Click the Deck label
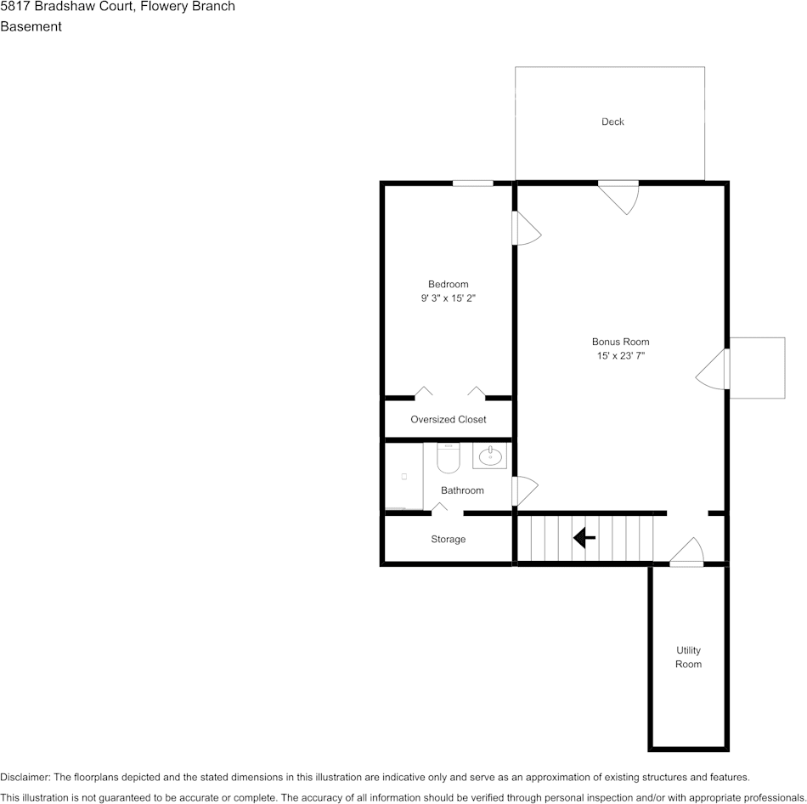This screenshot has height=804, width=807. (612, 122)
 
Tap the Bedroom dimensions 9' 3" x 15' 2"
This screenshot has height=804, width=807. (448, 297)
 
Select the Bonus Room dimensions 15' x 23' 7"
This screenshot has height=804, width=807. (620, 355)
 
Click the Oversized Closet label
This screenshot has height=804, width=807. (448, 419)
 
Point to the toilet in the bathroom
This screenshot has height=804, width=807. (448, 458)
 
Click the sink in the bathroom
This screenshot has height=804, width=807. (489, 456)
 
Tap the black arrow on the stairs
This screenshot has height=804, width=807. (584, 538)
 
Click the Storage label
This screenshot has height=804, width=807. (448, 539)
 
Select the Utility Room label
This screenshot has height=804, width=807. (688, 657)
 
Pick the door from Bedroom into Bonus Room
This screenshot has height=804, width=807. (526, 228)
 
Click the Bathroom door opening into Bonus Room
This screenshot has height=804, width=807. (524, 491)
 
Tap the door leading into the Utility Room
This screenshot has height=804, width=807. (686, 552)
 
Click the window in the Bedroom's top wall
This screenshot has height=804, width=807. (472, 184)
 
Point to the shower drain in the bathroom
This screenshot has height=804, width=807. (404, 477)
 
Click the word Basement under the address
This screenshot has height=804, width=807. (31, 26)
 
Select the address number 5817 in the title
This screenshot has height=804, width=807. (15, 6)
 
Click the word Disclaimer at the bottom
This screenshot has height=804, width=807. (25, 777)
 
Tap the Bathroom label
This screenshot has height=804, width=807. (462, 490)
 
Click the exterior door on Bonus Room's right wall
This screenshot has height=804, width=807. (713, 370)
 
